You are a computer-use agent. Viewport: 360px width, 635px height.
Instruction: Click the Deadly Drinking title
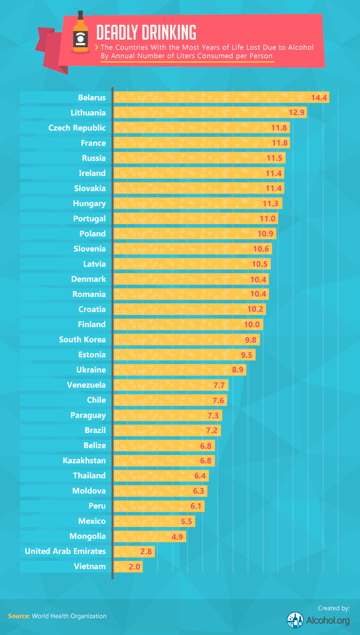[x=146, y=32]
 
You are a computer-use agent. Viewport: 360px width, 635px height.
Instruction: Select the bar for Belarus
[x=220, y=98]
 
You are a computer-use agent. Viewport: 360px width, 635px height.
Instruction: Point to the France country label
[x=93, y=143]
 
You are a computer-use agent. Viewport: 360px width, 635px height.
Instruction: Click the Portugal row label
[x=89, y=219]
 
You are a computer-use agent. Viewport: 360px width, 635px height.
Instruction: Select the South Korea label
[x=82, y=340]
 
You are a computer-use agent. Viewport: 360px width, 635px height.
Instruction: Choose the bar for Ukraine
[x=180, y=370]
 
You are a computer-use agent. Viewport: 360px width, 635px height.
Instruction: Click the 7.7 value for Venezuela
[x=219, y=385]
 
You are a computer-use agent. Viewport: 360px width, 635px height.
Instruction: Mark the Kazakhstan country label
[x=84, y=460]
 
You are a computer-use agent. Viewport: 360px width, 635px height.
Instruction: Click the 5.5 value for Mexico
[x=186, y=521]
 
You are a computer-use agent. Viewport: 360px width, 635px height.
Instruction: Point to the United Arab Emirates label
[x=65, y=551]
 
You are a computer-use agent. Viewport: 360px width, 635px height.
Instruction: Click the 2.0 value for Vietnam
[x=134, y=567]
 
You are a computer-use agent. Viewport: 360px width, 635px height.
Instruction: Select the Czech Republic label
[x=77, y=128]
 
